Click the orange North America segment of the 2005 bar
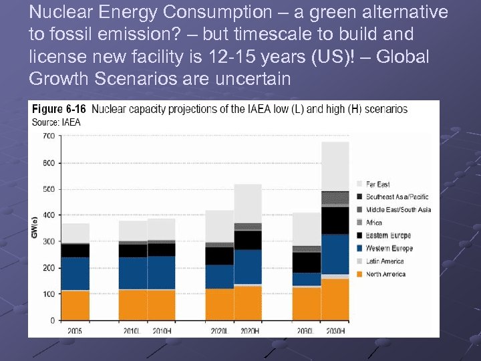click(x=75, y=305)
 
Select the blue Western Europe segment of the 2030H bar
click(x=335, y=254)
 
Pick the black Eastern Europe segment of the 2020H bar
click(x=248, y=240)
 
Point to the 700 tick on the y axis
click(x=48, y=136)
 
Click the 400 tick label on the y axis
click(x=48, y=215)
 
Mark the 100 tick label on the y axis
click(x=48, y=294)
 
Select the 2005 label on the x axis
click(x=75, y=330)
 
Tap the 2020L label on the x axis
click(x=219, y=330)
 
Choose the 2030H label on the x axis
click(x=335, y=330)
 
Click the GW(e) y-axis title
click(x=34, y=227)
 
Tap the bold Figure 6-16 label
click(x=59, y=109)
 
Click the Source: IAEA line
click(x=55, y=122)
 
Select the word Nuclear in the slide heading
click(x=57, y=12)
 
